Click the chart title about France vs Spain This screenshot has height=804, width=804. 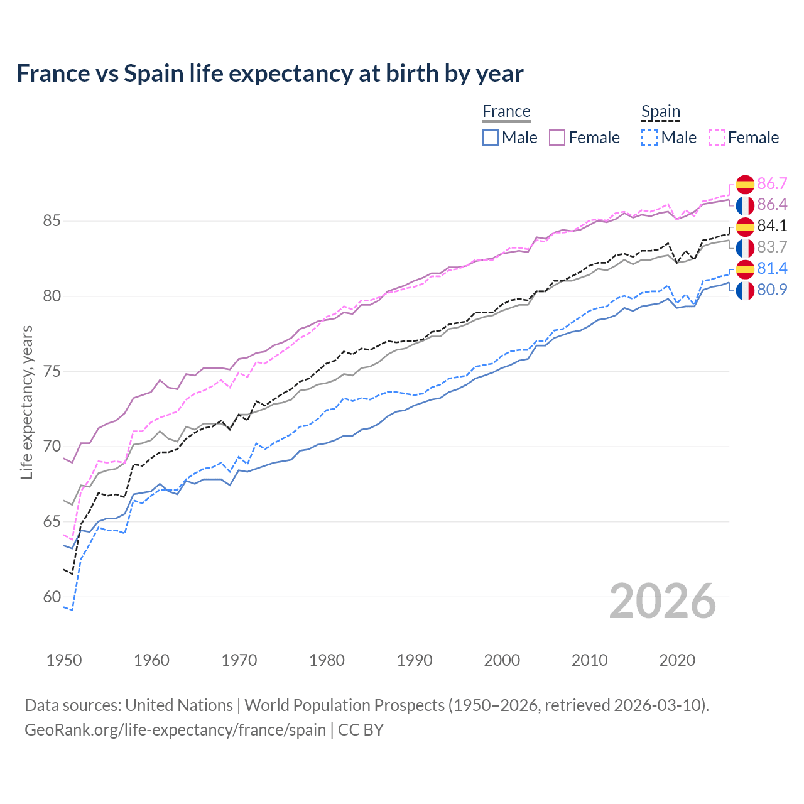click(269, 73)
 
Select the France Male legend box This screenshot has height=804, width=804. click(491, 138)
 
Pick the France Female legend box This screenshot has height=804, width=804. click(557, 138)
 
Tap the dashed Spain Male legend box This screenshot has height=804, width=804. click(649, 138)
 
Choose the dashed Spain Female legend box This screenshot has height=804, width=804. click(717, 138)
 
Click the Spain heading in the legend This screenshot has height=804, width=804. click(661, 112)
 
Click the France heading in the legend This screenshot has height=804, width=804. click(506, 112)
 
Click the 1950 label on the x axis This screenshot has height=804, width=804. click(64, 660)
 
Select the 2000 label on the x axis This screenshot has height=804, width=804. click(502, 660)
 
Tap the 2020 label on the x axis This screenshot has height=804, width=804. click(677, 660)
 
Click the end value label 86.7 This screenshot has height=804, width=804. click(772, 183)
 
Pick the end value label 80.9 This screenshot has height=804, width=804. click(772, 290)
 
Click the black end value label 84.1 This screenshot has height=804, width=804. click(772, 225)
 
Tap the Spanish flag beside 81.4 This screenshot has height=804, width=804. click(745, 269)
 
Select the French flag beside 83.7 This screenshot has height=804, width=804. click(745, 247)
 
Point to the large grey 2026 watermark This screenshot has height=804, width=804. click(662, 601)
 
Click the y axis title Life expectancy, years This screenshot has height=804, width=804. click(26, 402)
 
